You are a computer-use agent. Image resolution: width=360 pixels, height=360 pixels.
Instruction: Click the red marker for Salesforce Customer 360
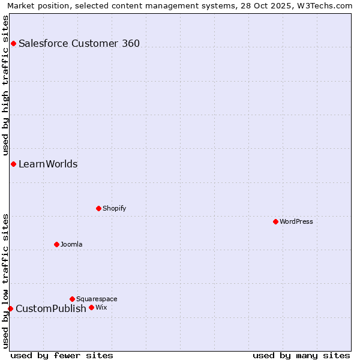(x=13, y=43)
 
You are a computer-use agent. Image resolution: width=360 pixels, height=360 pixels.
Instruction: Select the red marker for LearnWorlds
(x=13, y=164)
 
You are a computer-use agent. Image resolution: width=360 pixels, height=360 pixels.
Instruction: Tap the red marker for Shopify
(x=99, y=208)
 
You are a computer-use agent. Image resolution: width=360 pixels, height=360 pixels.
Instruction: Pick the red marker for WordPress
(x=275, y=221)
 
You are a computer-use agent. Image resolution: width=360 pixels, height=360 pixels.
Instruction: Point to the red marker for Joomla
(x=57, y=244)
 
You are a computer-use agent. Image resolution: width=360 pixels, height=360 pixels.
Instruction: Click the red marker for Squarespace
(x=72, y=299)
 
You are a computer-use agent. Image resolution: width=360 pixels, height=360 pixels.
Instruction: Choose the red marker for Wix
(x=91, y=307)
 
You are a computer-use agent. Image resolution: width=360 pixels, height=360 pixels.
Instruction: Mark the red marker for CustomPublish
(x=10, y=308)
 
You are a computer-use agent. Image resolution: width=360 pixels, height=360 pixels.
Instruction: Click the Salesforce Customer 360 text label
(x=79, y=43)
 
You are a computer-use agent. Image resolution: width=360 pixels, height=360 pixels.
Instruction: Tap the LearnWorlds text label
(x=48, y=164)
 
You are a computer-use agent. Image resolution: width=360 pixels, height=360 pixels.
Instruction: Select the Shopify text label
(x=114, y=208)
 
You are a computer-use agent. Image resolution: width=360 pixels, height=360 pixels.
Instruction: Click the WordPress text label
(x=296, y=221)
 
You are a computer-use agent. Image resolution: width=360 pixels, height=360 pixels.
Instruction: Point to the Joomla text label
(x=71, y=244)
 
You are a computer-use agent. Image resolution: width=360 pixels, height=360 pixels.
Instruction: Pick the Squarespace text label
(x=97, y=299)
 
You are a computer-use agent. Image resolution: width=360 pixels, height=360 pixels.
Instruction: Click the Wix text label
(x=101, y=307)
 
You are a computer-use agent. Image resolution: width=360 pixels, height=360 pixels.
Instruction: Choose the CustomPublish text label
(x=51, y=308)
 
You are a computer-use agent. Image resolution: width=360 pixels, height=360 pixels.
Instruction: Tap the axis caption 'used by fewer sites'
(x=62, y=356)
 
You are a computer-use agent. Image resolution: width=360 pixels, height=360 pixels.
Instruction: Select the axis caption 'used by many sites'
(x=301, y=356)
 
